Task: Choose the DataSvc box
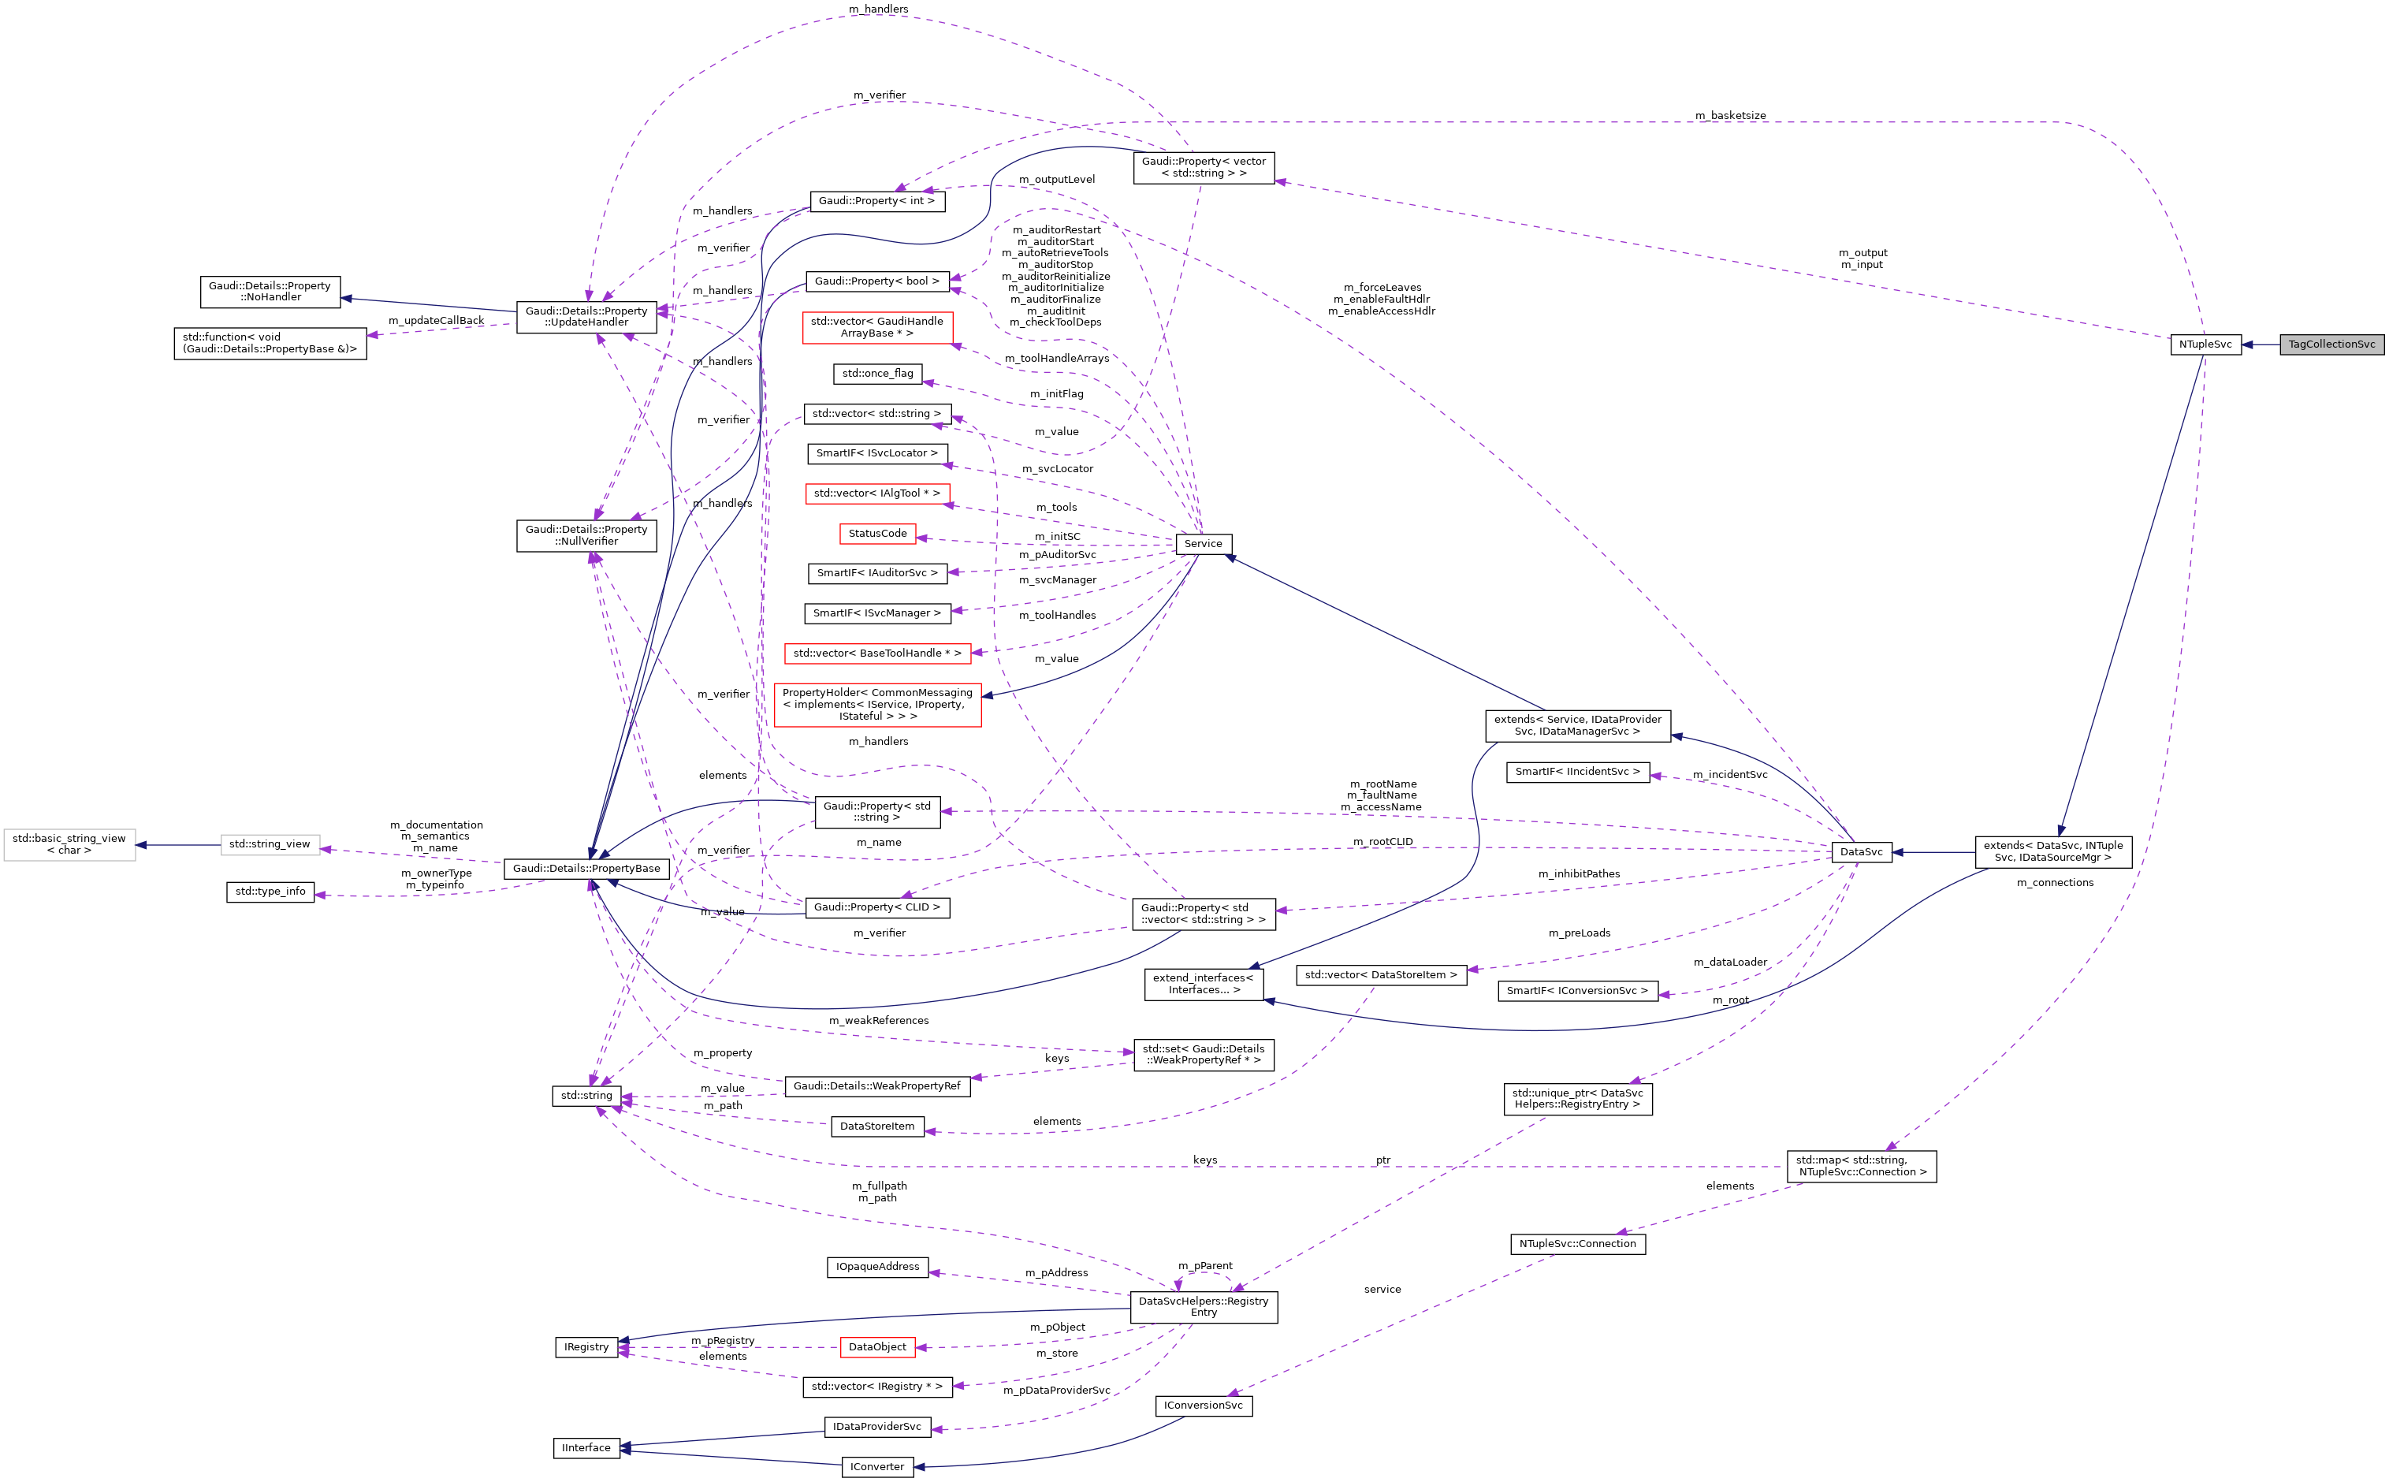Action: tap(1860, 853)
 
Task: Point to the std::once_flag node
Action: tap(877, 374)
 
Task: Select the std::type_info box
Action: tap(270, 892)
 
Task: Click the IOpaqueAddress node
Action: tap(877, 1268)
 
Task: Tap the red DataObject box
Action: tap(877, 1348)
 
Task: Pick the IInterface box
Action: tap(586, 1447)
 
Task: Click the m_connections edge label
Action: tap(2054, 883)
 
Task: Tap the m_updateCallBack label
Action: tap(435, 321)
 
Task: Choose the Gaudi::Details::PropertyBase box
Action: tap(586, 869)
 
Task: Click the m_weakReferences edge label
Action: tap(878, 1020)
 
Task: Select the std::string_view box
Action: tap(270, 845)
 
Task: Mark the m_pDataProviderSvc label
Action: tap(1056, 1391)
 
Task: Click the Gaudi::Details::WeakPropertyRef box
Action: tap(877, 1086)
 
